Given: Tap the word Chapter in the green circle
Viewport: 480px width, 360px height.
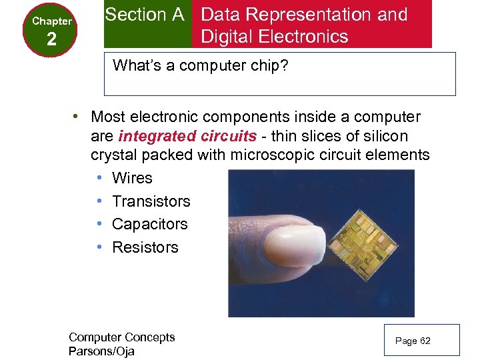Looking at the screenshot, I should click(x=52, y=21).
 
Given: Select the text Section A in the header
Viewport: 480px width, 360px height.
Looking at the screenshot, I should click(x=145, y=15).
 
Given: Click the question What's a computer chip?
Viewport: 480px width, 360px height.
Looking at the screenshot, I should click(x=201, y=65).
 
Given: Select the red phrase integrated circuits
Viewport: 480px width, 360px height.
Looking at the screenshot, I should click(x=187, y=136).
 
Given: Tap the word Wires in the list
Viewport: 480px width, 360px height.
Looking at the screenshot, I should click(x=132, y=178).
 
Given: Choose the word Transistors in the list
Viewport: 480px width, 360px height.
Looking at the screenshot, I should click(x=151, y=201).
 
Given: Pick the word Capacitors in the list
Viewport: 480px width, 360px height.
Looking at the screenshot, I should click(x=150, y=224).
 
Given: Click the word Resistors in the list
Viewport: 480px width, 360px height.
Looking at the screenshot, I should click(x=145, y=247).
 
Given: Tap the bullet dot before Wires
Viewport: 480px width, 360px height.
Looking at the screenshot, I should click(x=98, y=178).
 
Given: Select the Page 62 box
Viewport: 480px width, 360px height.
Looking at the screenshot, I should click(x=413, y=341).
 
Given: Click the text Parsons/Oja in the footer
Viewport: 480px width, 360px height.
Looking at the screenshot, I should click(x=101, y=351).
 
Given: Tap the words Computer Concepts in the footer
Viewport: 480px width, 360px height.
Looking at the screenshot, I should click(x=121, y=337).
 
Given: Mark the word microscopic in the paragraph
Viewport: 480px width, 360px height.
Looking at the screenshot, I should click(x=269, y=155).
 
